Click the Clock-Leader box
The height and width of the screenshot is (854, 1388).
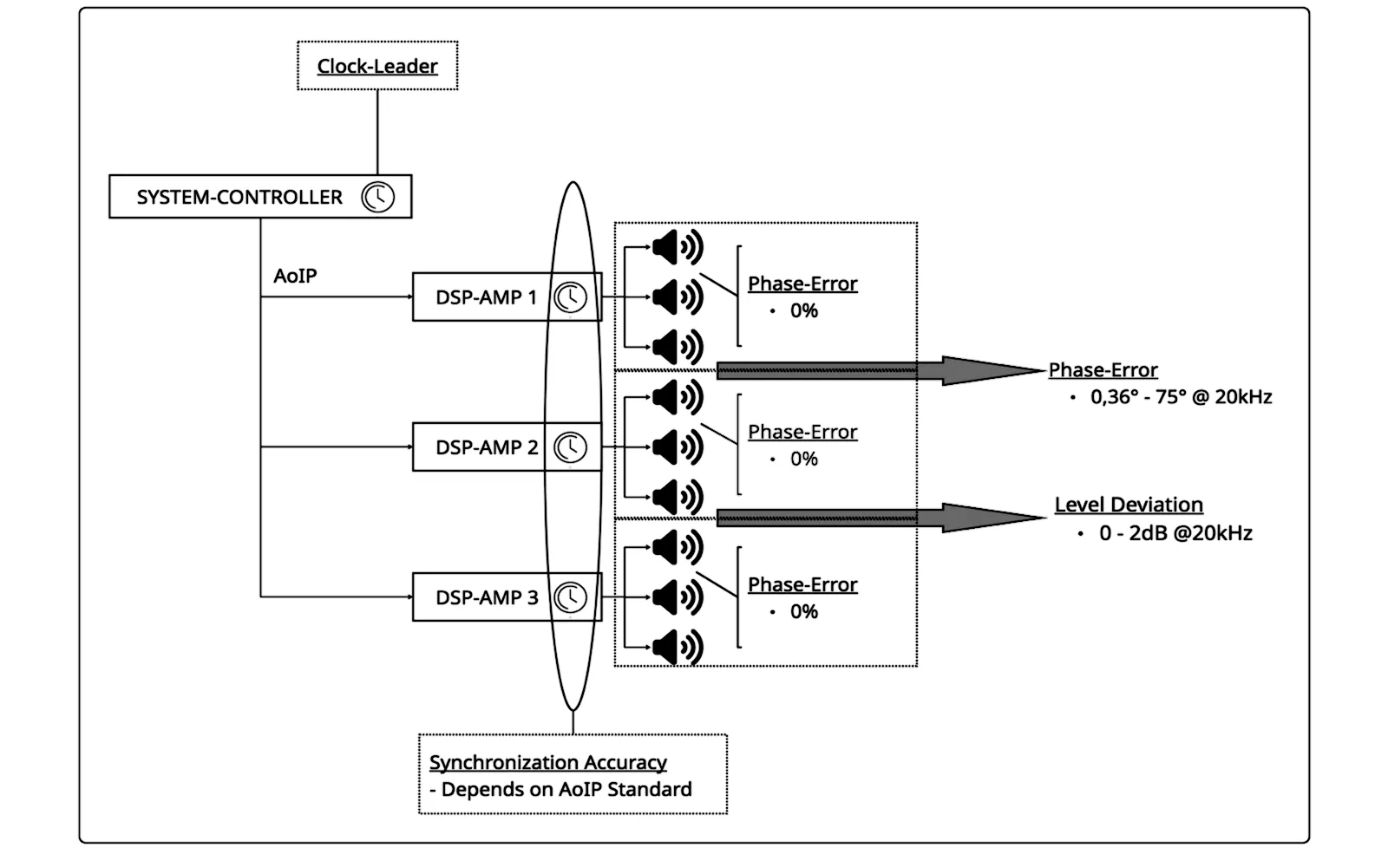tap(377, 66)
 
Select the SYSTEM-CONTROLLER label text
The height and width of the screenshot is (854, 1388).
tap(239, 197)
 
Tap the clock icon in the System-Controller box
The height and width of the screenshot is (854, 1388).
tap(378, 197)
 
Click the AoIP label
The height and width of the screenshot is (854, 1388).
tap(295, 276)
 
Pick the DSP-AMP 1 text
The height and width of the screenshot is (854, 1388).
tap(487, 297)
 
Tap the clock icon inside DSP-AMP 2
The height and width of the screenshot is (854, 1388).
tap(570, 447)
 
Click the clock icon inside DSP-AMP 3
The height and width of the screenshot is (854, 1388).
tap(570, 597)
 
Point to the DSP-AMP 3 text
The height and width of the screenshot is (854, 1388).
tap(487, 597)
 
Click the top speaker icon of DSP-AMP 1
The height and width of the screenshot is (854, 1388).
tap(678, 248)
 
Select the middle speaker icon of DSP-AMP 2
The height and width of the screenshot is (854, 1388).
tap(678, 447)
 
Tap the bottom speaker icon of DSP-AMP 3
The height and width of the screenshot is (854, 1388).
tap(678, 647)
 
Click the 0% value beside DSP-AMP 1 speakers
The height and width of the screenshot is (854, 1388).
tap(803, 311)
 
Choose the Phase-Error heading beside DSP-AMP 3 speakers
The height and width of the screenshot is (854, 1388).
tap(802, 584)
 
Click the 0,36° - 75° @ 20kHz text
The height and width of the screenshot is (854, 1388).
tap(1181, 397)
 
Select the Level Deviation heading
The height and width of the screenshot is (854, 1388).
tap(1129, 505)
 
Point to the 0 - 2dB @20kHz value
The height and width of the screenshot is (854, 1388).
tap(1175, 533)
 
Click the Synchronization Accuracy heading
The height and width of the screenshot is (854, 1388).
tap(547, 762)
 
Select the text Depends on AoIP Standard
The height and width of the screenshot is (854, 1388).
tap(566, 790)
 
